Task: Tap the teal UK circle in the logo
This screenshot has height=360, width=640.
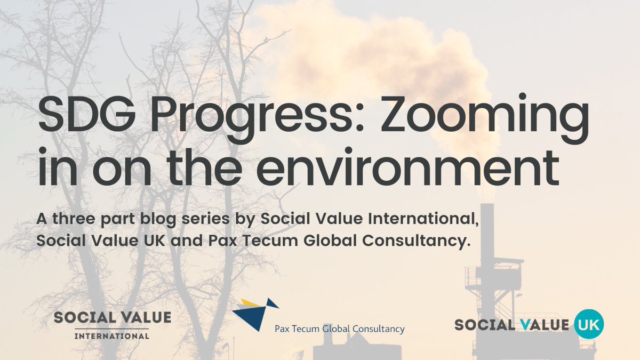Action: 589,324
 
